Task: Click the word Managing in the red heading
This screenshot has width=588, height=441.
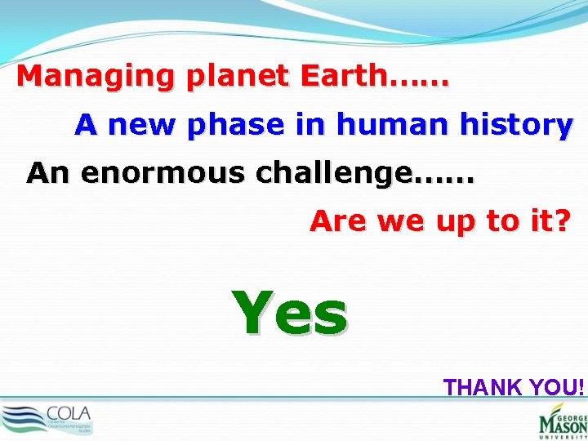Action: pyautogui.click(x=95, y=78)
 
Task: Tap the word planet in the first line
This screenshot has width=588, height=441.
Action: pyautogui.click(x=238, y=78)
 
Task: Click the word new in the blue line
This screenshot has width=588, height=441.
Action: pyautogui.click(x=144, y=125)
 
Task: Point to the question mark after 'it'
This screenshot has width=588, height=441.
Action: pyautogui.click(x=561, y=220)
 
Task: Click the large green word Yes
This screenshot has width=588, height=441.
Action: pyautogui.click(x=290, y=314)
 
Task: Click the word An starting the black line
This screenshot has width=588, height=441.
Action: pyautogui.click(x=47, y=173)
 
